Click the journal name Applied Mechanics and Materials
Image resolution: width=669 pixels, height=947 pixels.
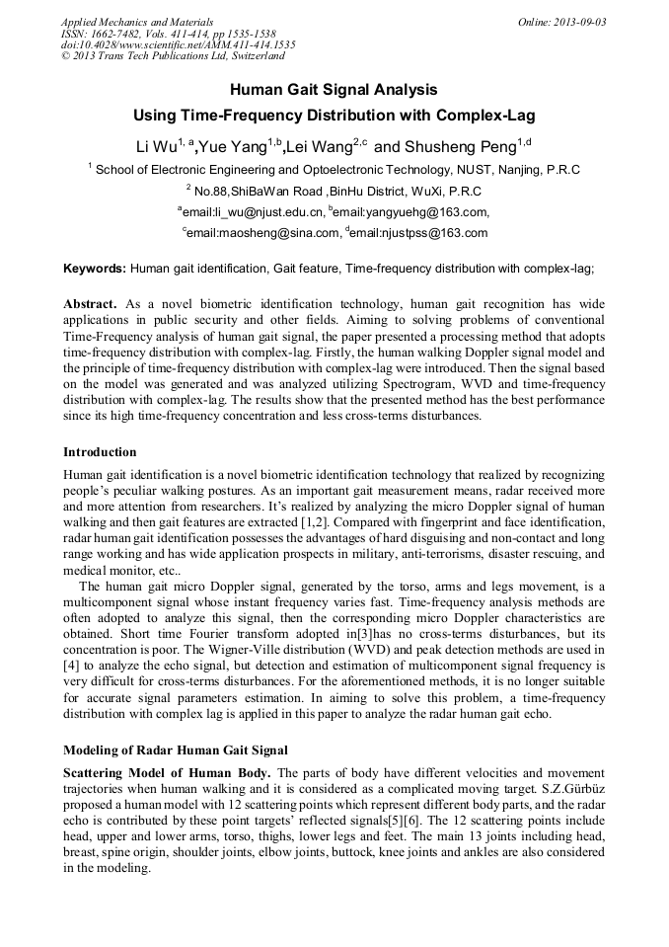click(137, 21)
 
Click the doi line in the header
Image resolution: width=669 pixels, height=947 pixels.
click(178, 44)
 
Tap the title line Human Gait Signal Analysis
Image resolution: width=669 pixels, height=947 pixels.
click(334, 89)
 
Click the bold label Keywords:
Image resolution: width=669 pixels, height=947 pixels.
click(95, 268)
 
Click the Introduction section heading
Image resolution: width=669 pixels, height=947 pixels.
click(100, 451)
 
